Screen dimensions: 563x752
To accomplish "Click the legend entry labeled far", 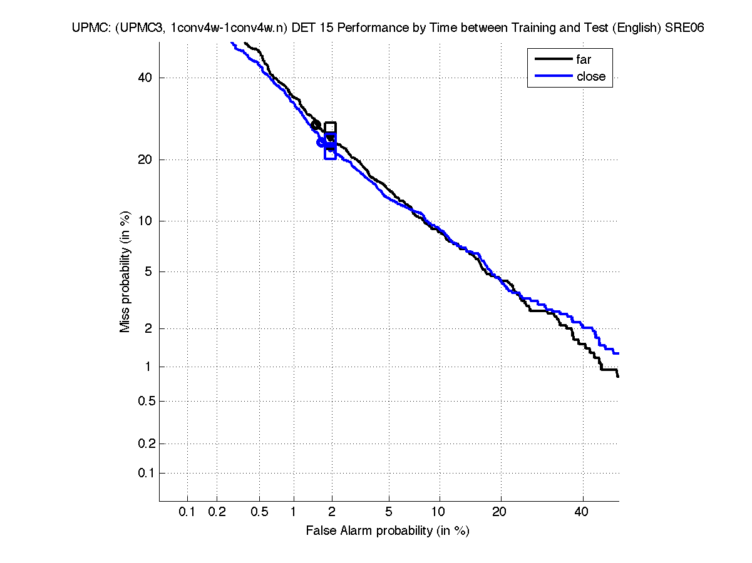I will click(583, 59).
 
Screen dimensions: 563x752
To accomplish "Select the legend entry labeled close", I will click(590, 76).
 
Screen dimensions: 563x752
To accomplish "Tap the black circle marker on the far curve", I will click(316, 124).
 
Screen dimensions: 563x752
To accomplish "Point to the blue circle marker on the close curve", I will click(321, 143).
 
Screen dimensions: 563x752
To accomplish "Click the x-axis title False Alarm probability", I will click(387, 531).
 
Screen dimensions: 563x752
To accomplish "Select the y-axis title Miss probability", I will click(126, 271).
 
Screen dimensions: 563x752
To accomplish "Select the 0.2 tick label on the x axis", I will click(217, 512).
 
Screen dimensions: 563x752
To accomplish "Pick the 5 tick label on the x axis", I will click(389, 512).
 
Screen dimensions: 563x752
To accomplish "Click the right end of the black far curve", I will click(618, 377).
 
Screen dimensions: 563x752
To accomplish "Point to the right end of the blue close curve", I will click(619, 353).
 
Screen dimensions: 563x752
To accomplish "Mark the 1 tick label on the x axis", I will click(294, 512).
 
